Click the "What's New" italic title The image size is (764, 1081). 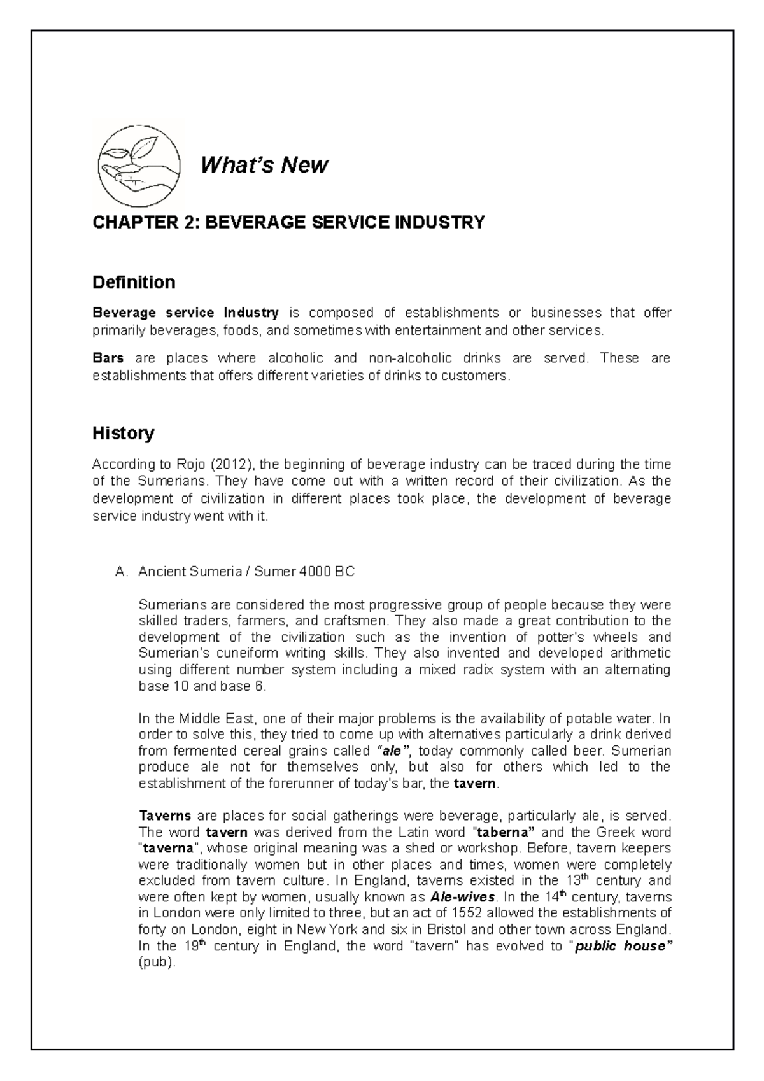pos(264,166)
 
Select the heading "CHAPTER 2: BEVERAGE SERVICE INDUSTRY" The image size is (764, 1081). pos(288,223)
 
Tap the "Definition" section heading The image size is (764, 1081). pos(134,282)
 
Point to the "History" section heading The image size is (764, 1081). pos(124,434)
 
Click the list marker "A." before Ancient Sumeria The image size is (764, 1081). pos(122,572)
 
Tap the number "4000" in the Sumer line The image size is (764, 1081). pos(313,572)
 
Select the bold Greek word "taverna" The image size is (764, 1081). pos(167,849)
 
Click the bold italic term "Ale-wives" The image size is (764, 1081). pos(462,898)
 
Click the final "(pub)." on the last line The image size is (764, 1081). pos(157,963)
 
